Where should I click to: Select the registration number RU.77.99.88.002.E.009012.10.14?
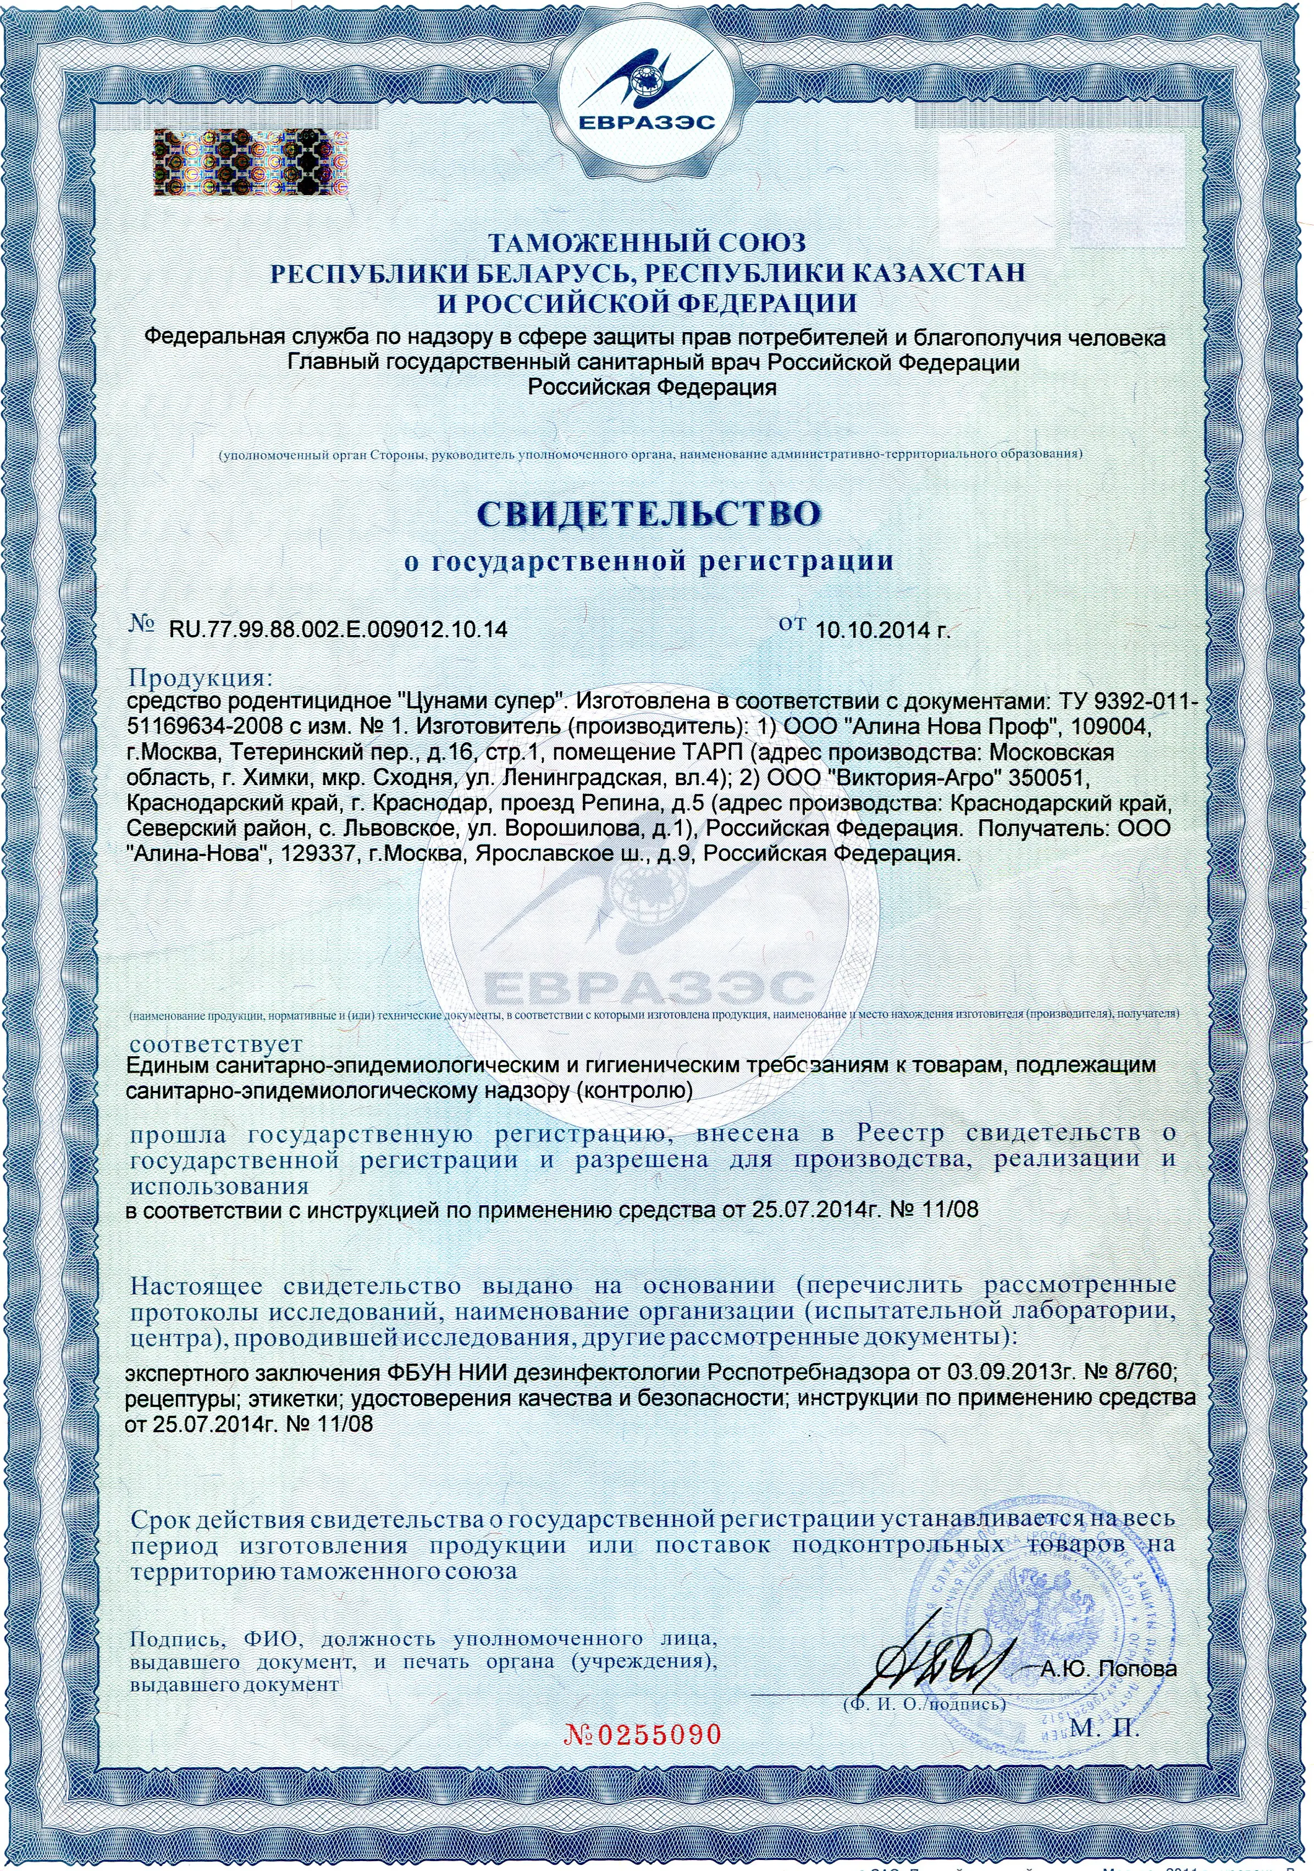(x=337, y=629)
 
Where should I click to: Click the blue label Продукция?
(x=199, y=677)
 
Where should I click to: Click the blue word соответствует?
(x=216, y=1044)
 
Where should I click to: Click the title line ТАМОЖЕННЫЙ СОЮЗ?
(x=647, y=242)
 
